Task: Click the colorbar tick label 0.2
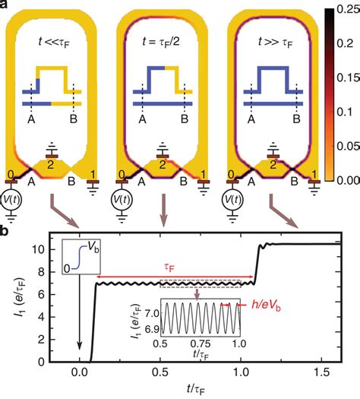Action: tap(345, 43)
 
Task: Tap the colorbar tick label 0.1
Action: tap(345, 112)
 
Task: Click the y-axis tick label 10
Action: tap(39, 249)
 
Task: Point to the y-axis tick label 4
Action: tap(42, 317)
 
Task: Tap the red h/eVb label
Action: tap(266, 305)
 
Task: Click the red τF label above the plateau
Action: tap(169, 268)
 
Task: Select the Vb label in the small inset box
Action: tap(93, 247)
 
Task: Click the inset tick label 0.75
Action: tap(201, 344)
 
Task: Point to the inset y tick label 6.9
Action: tap(152, 329)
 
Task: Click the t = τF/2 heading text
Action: tap(161, 42)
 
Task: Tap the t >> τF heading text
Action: tap(276, 43)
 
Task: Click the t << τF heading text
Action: tap(54, 42)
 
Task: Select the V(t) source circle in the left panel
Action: tap(11, 200)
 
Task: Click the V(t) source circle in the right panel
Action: tap(232, 200)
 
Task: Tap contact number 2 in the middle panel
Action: tap(162, 165)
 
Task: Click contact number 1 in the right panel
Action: tap(314, 175)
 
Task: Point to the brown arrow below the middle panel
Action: tap(164, 211)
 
